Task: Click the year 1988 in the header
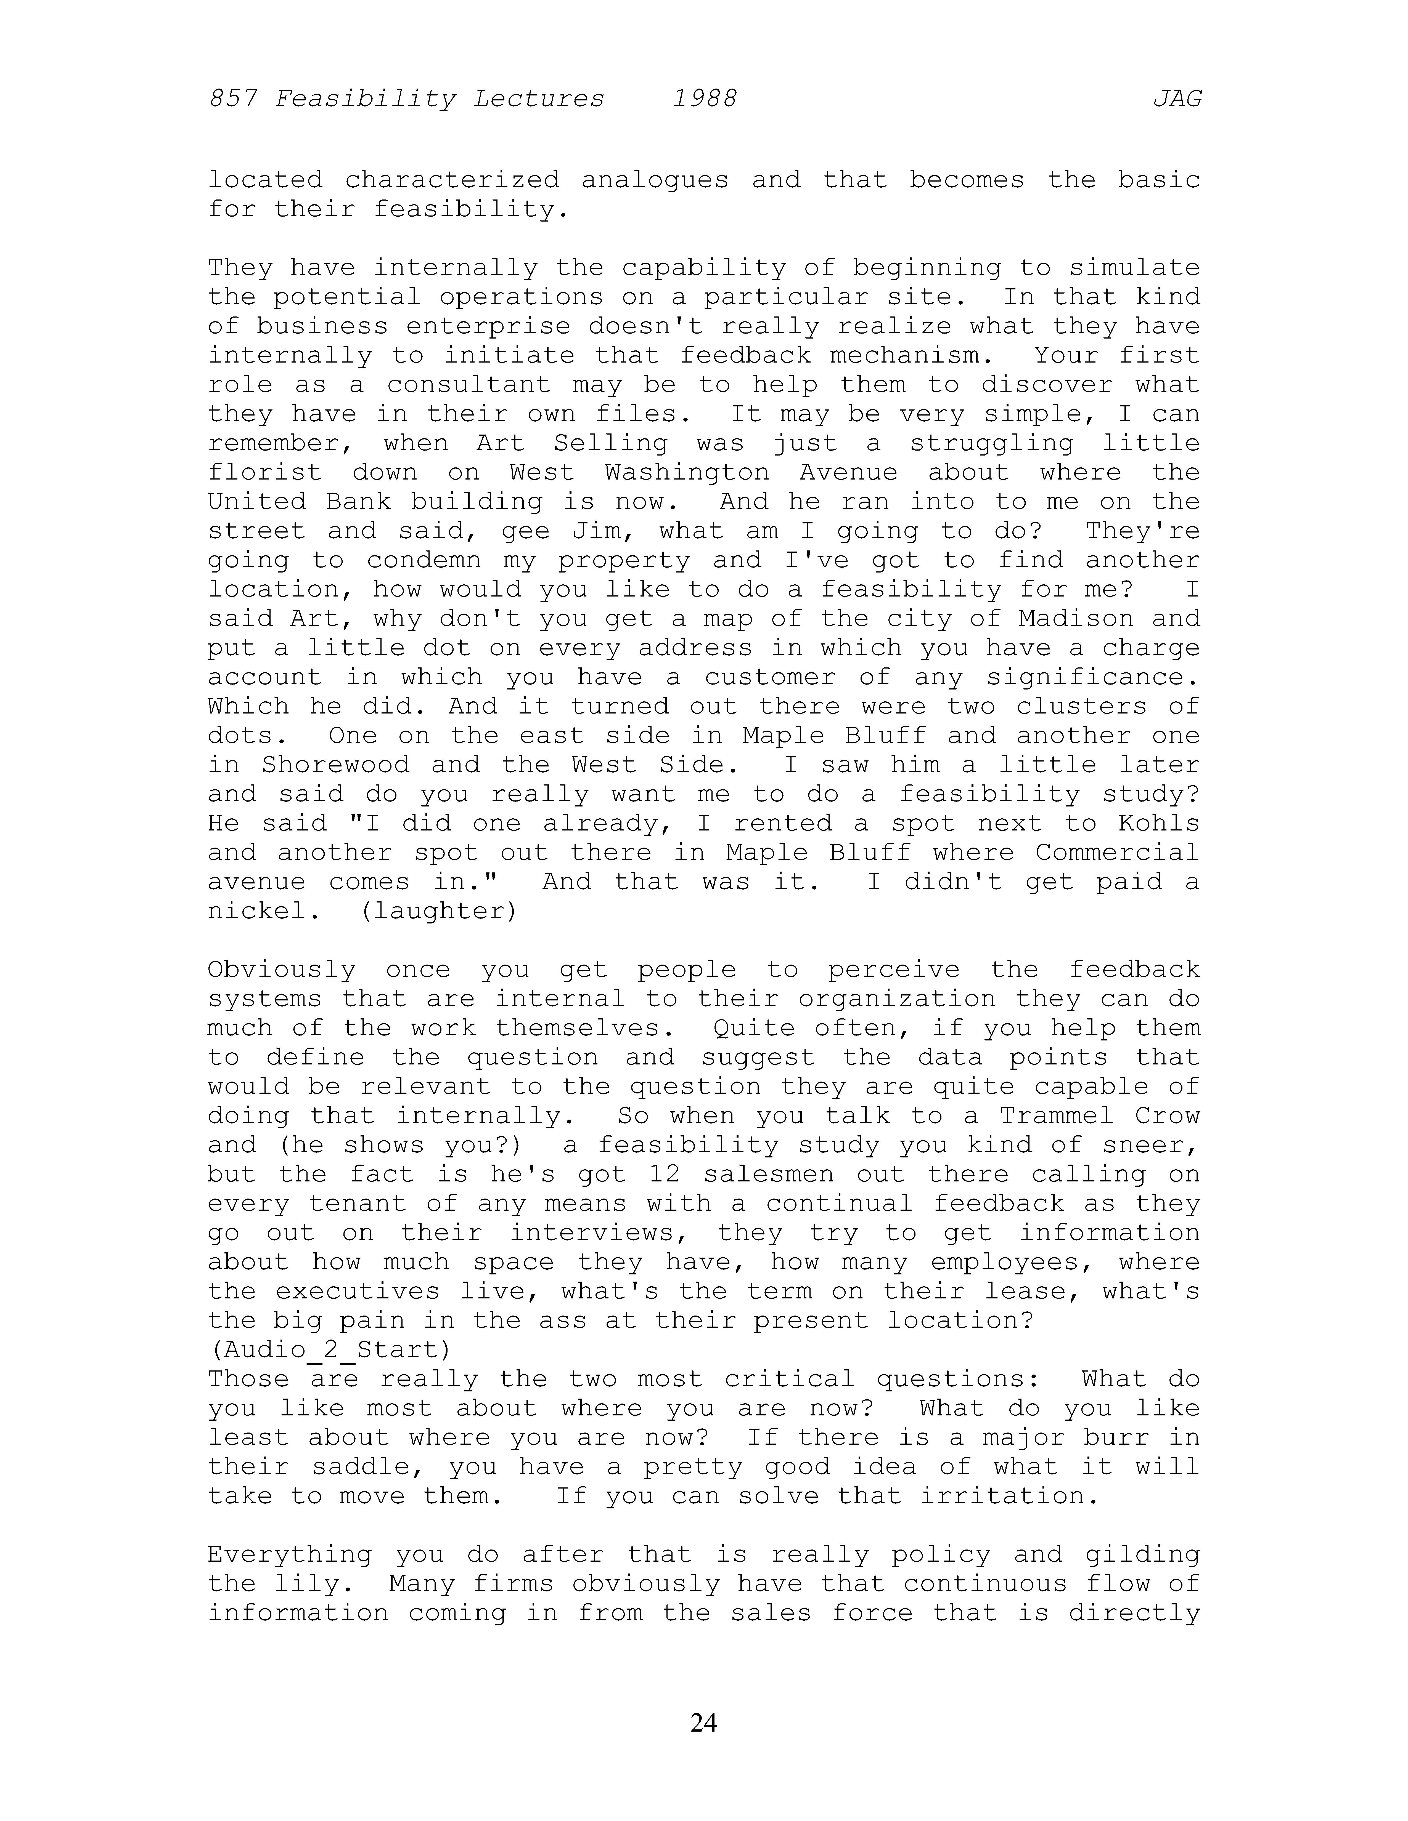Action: click(x=705, y=99)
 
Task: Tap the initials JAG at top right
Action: click(x=1177, y=99)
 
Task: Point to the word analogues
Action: click(x=655, y=180)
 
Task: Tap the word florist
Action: click(x=264, y=473)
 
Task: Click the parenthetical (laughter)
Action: click(x=439, y=911)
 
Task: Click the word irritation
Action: click(x=1009, y=1496)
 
